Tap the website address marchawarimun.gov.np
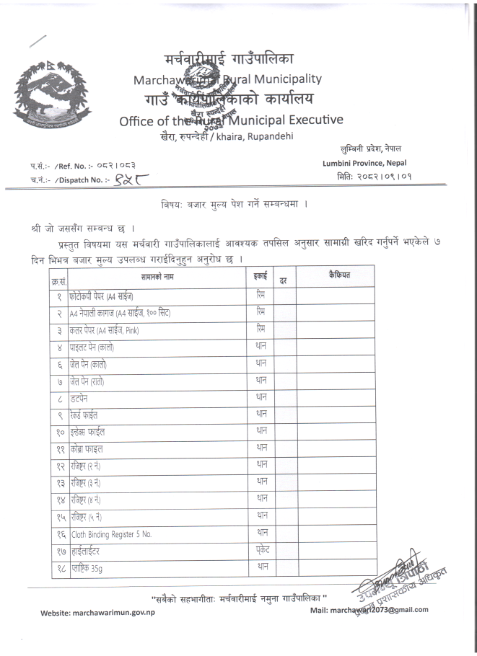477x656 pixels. (97, 612)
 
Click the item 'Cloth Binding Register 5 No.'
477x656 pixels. (112, 534)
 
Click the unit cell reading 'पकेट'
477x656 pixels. (261, 551)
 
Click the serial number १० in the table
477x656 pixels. (59, 433)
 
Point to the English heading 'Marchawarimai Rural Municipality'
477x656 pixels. (227, 79)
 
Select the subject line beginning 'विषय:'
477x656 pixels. (235, 205)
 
